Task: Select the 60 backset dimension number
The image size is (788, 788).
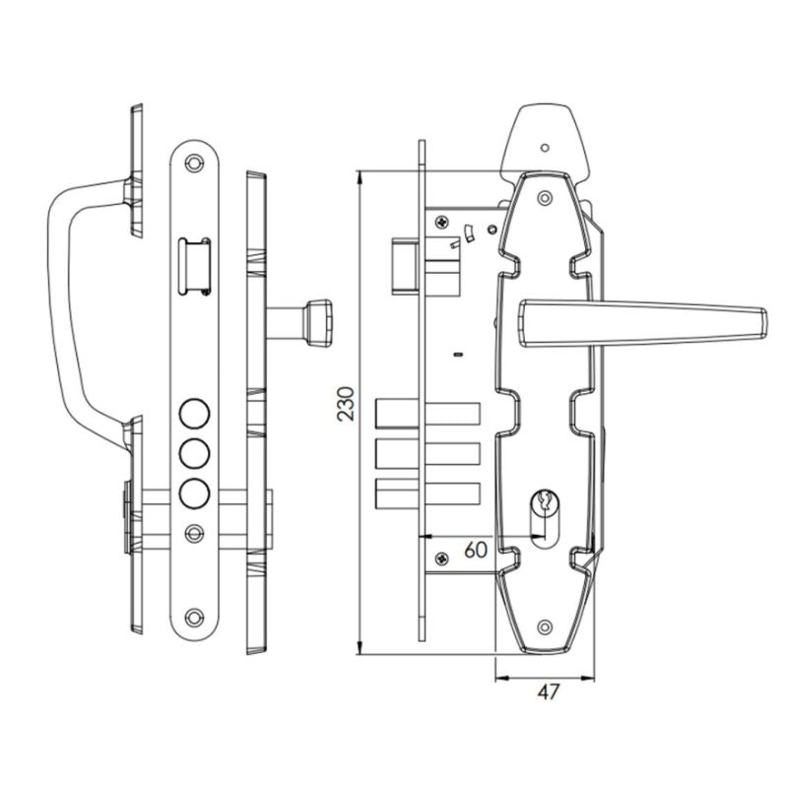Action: click(x=474, y=549)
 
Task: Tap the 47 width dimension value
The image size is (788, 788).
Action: click(x=548, y=691)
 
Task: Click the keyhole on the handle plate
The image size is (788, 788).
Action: click(x=544, y=508)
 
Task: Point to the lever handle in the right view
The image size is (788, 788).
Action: click(x=640, y=324)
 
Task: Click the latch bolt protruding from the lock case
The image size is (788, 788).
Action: click(x=402, y=265)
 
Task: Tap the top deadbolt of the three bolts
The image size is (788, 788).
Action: click(x=427, y=414)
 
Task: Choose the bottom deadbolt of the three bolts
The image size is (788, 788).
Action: click(x=427, y=493)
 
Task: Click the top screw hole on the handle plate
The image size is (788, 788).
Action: click(x=544, y=198)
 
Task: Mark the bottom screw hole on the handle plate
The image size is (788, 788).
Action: click(x=544, y=625)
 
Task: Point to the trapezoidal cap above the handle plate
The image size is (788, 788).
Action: click(x=548, y=138)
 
